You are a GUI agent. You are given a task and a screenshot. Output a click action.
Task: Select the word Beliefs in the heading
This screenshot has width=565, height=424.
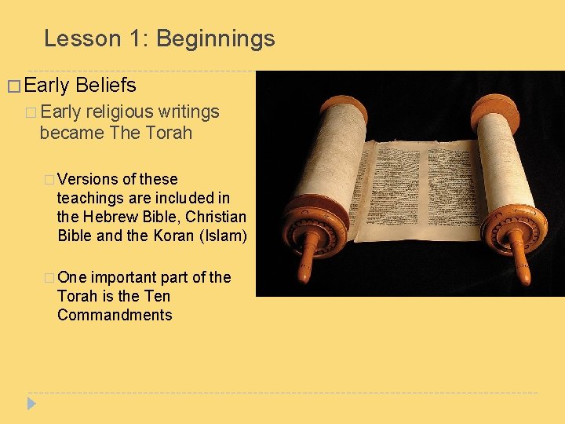click(x=106, y=86)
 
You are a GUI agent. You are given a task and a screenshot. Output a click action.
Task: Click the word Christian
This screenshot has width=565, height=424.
click(x=217, y=217)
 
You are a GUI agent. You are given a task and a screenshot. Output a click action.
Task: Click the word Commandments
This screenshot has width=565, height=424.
click(x=115, y=315)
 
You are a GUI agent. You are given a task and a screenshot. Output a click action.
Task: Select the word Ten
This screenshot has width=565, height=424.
click(x=157, y=296)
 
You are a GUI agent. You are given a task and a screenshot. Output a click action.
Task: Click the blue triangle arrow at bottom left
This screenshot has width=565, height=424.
click(x=31, y=404)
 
